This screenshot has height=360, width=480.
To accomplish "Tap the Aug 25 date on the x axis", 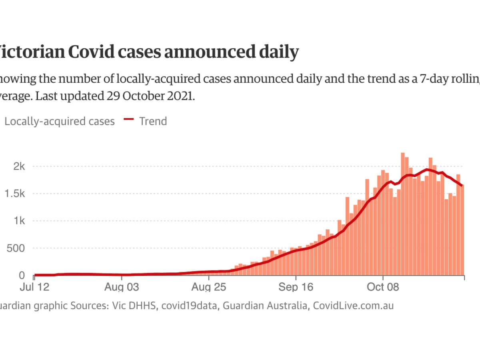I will click(209, 287).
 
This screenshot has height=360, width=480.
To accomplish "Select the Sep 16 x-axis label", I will click(296, 287).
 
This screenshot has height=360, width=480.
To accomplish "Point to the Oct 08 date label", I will click(383, 287).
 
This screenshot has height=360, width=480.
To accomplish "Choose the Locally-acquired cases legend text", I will click(60, 121).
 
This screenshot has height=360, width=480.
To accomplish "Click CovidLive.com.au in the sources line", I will click(353, 306).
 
